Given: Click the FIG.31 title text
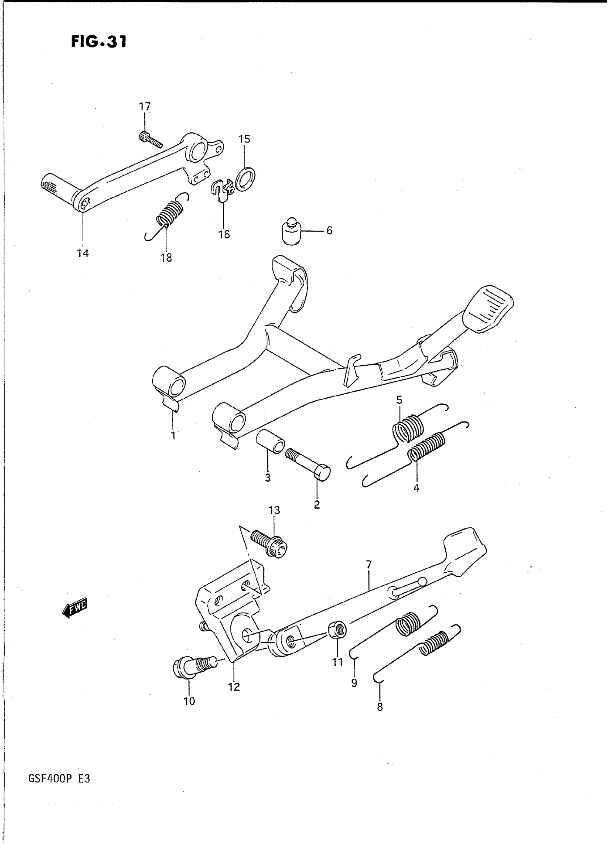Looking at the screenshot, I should click(x=99, y=42).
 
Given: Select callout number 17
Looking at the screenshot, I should click(x=145, y=107).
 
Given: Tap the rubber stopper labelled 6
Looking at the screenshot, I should click(x=291, y=232).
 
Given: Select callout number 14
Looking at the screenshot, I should click(x=82, y=254).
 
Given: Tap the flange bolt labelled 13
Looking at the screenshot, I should click(x=269, y=544).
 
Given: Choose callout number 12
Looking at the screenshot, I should click(x=234, y=687).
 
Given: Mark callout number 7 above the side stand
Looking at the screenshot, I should click(x=369, y=565).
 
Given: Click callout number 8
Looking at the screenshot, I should click(x=380, y=706).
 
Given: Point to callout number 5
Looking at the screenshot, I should click(x=399, y=400).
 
